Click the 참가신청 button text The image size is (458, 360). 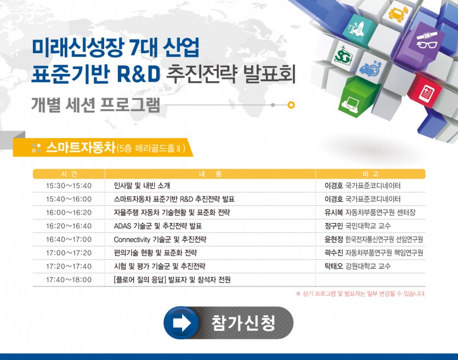pyautogui.click(x=243, y=323)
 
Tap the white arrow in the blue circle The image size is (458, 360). pyautogui.click(x=182, y=323)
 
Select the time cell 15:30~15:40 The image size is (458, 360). pyautogui.click(x=69, y=186)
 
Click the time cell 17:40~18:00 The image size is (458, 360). pyautogui.click(x=69, y=279)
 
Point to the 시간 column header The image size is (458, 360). pyautogui.click(x=69, y=174)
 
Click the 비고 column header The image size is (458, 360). pyautogui.click(x=370, y=174)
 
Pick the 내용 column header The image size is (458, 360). pyautogui.click(x=210, y=174)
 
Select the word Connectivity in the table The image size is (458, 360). pyautogui.click(x=132, y=239)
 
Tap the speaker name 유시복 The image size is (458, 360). pyautogui.click(x=333, y=213)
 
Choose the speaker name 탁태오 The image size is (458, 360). pyautogui.click(x=333, y=266)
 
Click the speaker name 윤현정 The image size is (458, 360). pyautogui.click(x=333, y=239)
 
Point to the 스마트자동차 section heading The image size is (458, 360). pyautogui.click(x=81, y=147)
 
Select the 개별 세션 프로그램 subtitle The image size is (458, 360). pyautogui.click(x=95, y=105)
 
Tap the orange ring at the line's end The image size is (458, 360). pyautogui.click(x=291, y=105)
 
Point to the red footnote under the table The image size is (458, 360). pyautogui.click(x=360, y=294)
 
